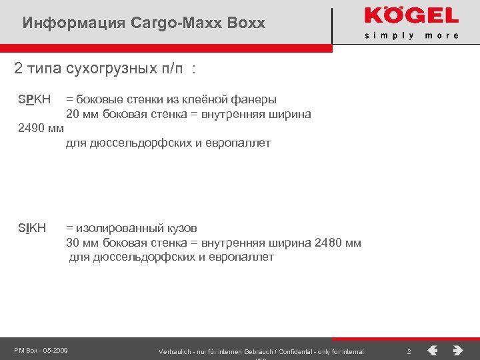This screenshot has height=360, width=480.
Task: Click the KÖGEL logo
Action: point(411,16)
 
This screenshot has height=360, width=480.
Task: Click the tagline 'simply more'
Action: point(411,35)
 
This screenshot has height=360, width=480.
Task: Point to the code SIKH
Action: point(31,228)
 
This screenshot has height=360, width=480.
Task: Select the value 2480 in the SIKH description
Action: point(327,243)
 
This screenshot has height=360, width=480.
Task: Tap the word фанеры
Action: point(254,100)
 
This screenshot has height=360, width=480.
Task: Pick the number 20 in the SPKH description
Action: point(72,114)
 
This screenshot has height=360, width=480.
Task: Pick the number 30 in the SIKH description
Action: point(72,243)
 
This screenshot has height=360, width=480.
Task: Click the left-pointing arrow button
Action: point(433,350)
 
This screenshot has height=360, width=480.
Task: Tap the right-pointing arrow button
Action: point(457,350)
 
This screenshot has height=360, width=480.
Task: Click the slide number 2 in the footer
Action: point(409,351)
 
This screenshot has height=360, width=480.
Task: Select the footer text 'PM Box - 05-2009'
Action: point(41,351)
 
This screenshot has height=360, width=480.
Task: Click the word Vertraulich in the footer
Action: point(175,351)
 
